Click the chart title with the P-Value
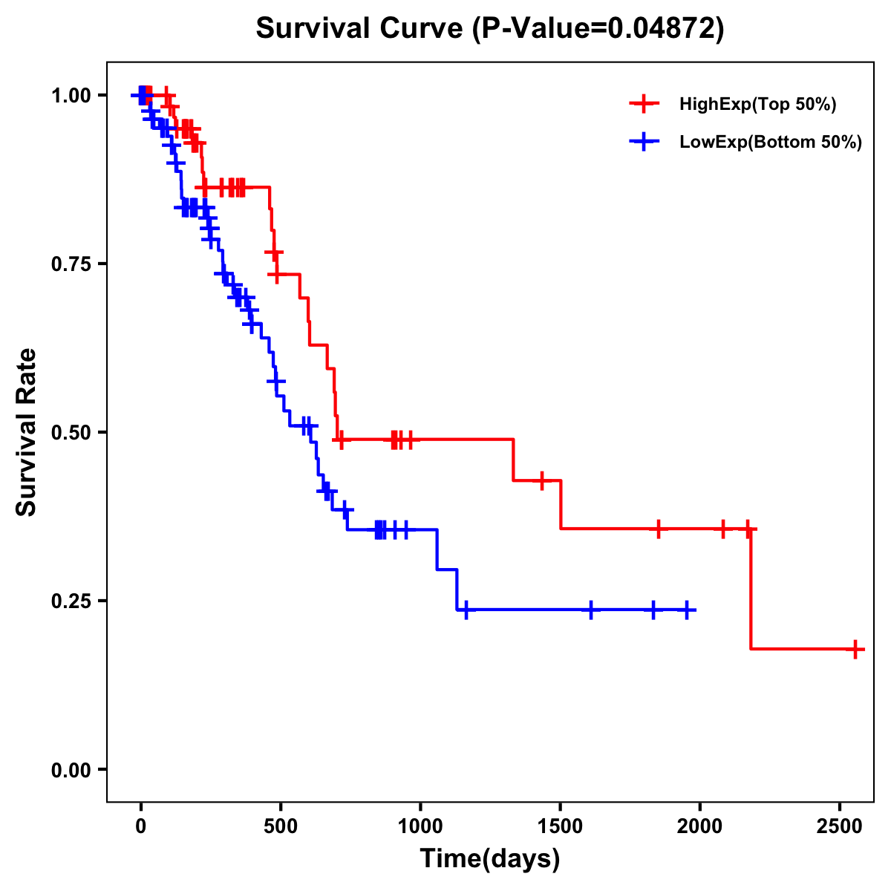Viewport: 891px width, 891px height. pos(489,28)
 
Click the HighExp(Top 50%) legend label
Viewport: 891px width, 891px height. pos(757,105)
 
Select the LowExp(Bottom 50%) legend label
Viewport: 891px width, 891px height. pos(771,143)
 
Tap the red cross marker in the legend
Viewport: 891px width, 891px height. pos(644,105)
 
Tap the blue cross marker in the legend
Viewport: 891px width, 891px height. pos(644,143)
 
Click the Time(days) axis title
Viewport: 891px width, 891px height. pos(490,859)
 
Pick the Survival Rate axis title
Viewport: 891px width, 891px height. pos(27,432)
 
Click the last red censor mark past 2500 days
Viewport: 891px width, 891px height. pos(855,649)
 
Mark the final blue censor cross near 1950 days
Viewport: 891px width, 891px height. pos(687,610)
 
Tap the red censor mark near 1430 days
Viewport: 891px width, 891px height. pos(542,480)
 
